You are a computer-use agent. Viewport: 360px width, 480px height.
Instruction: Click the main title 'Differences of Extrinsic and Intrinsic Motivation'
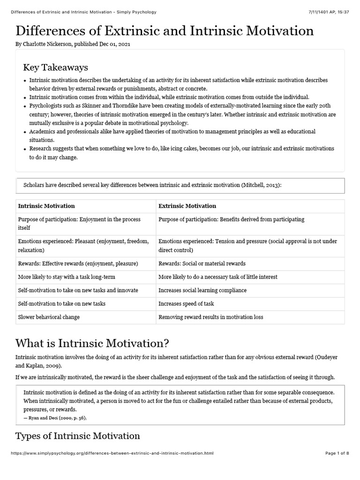click(x=165, y=31)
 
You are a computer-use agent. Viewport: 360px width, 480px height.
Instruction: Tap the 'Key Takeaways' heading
click(x=55, y=67)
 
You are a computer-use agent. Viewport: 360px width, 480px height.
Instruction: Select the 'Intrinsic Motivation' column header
click(x=46, y=206)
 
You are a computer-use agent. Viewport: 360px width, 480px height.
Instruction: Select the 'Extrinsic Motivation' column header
click(x=187, y=206)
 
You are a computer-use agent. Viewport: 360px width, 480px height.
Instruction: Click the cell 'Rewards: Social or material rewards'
click(x=202, y=263)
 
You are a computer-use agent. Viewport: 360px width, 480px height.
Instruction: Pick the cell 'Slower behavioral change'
click(x=49, y=317)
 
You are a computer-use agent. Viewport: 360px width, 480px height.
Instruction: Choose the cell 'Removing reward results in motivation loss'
click(x=211, y=317)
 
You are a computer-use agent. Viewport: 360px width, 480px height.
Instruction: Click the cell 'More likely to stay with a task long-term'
click(x=66, y=277)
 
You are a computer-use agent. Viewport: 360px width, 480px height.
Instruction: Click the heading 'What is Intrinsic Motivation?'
click(x=92, y=344)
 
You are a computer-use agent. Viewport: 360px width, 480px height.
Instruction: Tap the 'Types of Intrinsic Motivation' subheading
click(x=78, y=436)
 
